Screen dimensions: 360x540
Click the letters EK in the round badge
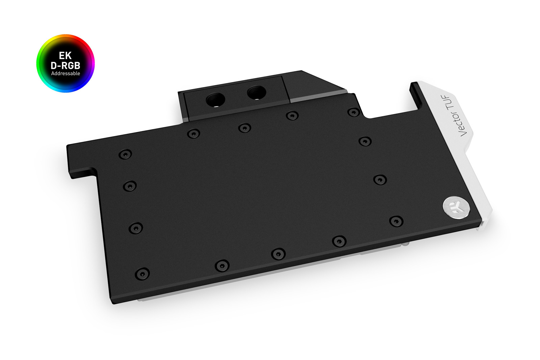(65, 55)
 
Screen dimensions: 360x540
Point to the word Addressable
(65, 74)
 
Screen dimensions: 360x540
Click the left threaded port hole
(215, 99)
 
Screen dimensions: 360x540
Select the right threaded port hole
(256, 92)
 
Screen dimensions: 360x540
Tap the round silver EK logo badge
(456, 206)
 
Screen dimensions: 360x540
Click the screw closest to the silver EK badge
(396, 221)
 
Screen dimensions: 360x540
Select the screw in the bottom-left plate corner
(142, 274)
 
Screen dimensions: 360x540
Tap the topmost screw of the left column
(125, 155)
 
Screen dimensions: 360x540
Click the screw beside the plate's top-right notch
(353, 112)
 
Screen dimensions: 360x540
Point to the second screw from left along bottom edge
(222, 266)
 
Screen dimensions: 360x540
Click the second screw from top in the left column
(130, 186)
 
